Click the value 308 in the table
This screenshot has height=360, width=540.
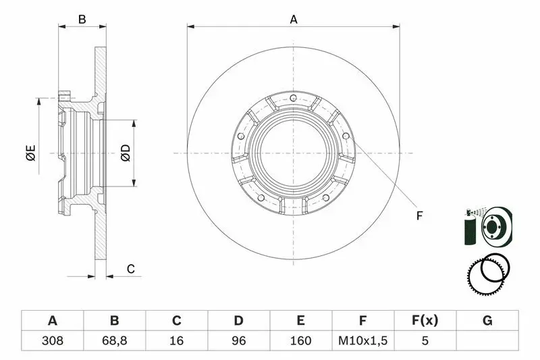tap(53, 340)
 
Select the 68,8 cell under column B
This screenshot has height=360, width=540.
tap(114, 340)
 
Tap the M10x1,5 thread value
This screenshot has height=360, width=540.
tap(362, 340)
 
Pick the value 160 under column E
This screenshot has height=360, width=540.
tap(300, 340)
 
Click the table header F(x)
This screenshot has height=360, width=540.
tap(425, 320)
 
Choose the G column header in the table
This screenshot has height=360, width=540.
tap(487, 320)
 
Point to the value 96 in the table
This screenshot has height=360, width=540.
tap(239, 340)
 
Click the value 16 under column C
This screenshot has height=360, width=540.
tap(176, 340)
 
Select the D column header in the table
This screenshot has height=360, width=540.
tap(239, 320)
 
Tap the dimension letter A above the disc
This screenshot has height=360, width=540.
tap(294, 20)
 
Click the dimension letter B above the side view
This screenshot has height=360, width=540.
tap(82, 20)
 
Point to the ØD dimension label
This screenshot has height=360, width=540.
tap(126, 153)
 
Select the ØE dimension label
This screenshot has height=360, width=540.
tap(30, 153)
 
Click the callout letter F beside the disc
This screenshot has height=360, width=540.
tap(419, 215)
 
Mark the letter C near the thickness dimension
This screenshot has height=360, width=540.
tap(130, 269)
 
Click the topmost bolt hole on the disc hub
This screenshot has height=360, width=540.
tap(293, 98)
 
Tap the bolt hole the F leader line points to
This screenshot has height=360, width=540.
tap(346, 136)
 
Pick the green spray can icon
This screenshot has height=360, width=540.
tap(469, 228)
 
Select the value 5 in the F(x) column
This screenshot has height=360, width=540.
tap(425, 340)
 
